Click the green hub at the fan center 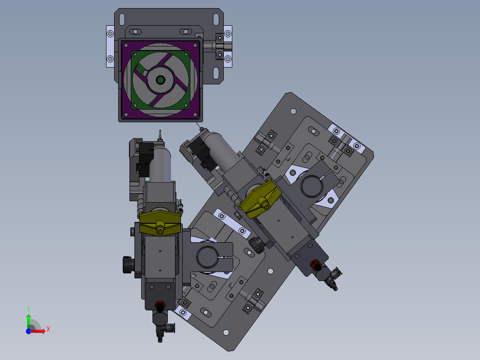point(161,80)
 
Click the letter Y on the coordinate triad point(28,309)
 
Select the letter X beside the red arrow point(48,329)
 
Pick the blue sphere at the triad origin point(28,331)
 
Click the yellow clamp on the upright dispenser point(160,223)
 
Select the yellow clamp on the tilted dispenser point(260,199)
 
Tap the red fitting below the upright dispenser point(160,305)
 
